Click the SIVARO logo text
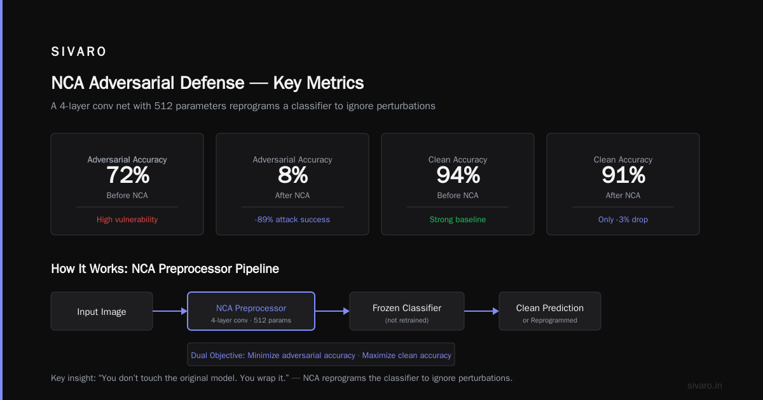click(79, 51)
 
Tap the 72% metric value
click(128, 175)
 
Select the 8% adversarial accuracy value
click(292, 175)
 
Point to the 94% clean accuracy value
click(458, 175)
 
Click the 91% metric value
click(623, 175)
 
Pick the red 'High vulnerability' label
click(127, 220)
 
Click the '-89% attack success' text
click(292, 220)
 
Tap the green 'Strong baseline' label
click(458, 220)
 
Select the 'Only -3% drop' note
click(623, 220)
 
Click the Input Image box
click(102, 311)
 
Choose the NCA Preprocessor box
click(251, 311)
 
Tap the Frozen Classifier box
click(407, 311)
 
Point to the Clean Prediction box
click(550, 311)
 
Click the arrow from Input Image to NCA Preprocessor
click(170, 311)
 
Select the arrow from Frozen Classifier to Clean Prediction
click(482, 311)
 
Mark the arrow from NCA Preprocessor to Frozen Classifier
click(332, 311)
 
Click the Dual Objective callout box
click(321, 354)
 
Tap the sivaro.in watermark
click(705, 385)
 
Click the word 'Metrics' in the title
click(335, 83)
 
